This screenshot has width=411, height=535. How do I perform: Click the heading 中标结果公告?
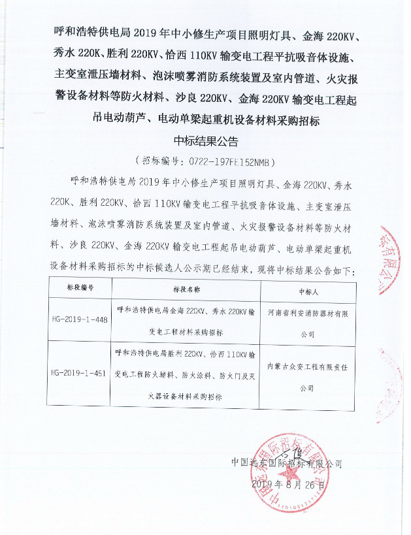pos(205,140)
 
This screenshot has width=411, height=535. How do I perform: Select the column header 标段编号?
pos(80,287)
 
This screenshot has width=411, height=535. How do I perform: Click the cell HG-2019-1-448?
pos(80,321)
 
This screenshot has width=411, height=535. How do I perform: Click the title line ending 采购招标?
pos(205,121)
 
